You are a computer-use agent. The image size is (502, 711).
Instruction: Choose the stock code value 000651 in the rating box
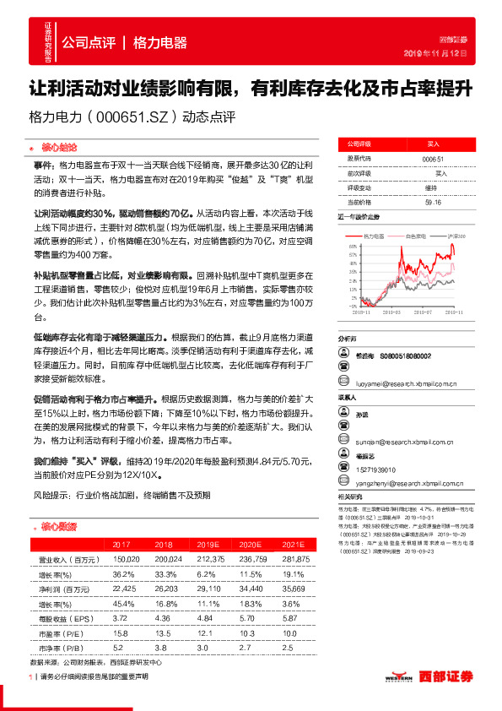[x=432, y=159]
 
